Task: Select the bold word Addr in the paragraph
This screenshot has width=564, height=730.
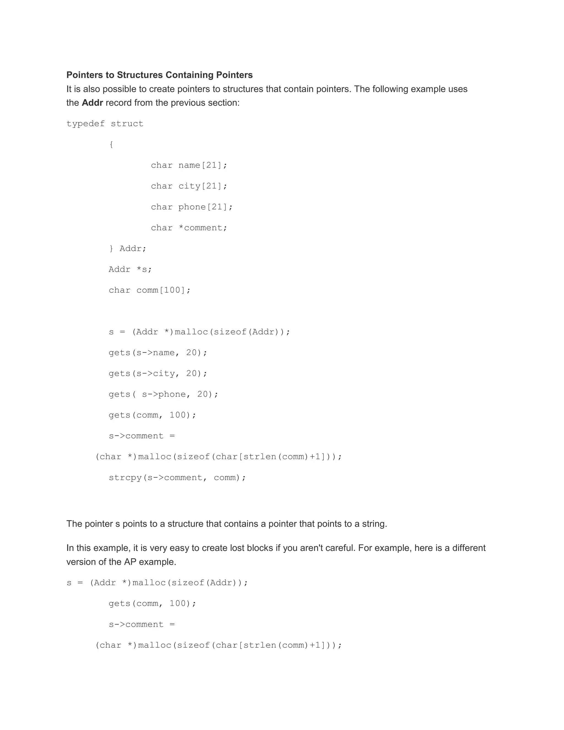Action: point(92,103)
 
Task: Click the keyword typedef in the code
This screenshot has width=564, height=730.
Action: point(86,124)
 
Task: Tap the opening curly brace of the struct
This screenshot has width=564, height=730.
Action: point(111,144)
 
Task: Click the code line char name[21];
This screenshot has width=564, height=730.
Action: point(189,165)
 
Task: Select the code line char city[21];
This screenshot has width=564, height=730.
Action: point(189,186)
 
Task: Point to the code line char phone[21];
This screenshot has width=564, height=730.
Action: point(191,207)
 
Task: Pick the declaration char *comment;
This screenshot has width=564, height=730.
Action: point(189,228)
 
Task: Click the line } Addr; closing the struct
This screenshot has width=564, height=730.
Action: point(128,248)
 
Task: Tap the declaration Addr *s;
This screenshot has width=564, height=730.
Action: point(130,269)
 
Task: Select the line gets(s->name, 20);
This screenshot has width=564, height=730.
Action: point(158,353)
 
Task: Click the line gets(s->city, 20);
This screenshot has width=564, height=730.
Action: point(158,373)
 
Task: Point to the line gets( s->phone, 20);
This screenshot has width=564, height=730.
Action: point(163,394)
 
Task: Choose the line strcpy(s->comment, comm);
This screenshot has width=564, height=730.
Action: point(177,477)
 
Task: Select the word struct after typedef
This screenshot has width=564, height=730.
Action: point(127,124)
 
